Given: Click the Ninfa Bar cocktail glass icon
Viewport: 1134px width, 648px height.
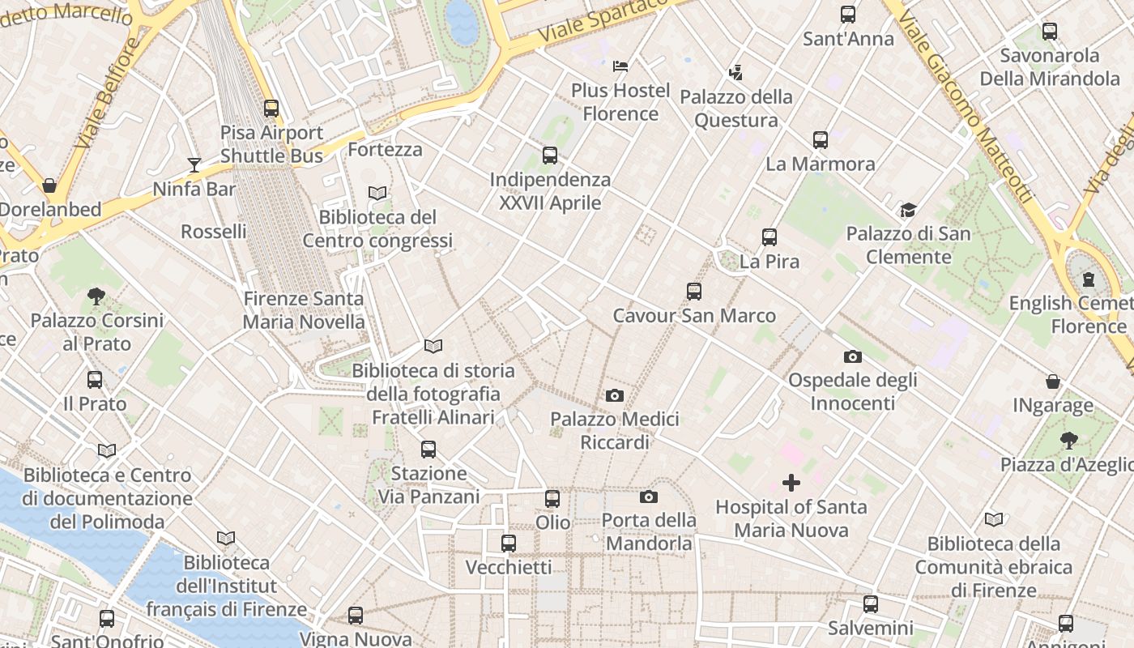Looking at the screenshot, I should click(x=194, y=165).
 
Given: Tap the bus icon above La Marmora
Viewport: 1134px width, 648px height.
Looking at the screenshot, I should click(x=820, y=140).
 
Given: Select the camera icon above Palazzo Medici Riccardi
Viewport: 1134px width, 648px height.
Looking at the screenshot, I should click(x=615, y=395).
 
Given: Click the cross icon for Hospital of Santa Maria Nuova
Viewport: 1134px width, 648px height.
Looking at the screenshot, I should click(x=791, y=484).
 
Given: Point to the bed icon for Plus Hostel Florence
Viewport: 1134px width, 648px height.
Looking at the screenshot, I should click(x=620, y=66).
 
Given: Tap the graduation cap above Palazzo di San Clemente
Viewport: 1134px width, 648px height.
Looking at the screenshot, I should click(x=908, y=211).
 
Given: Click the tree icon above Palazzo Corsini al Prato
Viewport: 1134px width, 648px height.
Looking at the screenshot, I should click(x=96, y=296).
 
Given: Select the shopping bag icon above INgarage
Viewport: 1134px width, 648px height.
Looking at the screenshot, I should click(x=1053, y=382).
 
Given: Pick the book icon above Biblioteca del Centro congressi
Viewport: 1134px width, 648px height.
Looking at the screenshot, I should click(x=377, y=193).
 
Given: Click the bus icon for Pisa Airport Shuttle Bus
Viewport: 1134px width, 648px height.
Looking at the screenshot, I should click(x=271, y=109).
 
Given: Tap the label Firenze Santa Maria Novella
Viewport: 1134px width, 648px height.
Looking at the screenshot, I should click(x=304, y=310).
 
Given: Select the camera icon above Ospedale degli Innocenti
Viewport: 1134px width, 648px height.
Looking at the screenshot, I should click(x=852, y=356).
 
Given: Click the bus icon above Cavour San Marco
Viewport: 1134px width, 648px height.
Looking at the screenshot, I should click(x=694, y=292).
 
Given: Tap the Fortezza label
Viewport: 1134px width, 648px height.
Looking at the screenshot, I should click(x=385, y=150).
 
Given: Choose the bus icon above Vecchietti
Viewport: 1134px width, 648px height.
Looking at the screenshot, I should click(x=509, y=544).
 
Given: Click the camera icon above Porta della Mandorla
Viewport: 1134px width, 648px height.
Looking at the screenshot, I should click(x=649, y=497).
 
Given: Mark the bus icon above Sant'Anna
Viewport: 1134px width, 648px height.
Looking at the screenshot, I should click(x=848, y=15).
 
